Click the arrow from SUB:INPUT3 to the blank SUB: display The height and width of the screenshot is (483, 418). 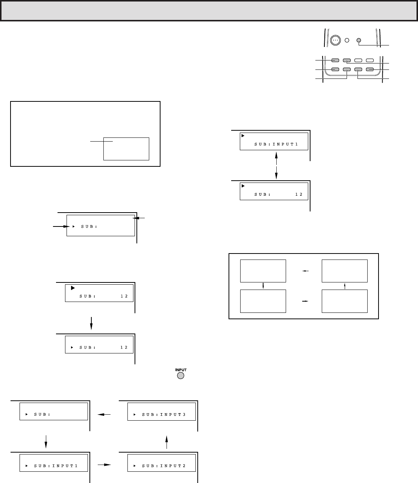tap(104, 415)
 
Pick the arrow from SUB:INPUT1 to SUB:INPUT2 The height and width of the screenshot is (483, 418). tap(104, 465)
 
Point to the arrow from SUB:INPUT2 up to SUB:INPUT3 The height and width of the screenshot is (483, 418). tap(167, 439)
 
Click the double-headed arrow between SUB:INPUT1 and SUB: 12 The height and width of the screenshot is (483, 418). tap(276, 166)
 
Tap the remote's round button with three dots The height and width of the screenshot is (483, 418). tap(335, 41)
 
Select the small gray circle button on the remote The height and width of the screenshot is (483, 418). tap(359, 41)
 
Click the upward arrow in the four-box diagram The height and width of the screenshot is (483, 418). tap(345, 286)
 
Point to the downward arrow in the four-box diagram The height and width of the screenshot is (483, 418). tap(263, 286)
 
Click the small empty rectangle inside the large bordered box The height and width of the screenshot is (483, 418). tap(126, 149)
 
